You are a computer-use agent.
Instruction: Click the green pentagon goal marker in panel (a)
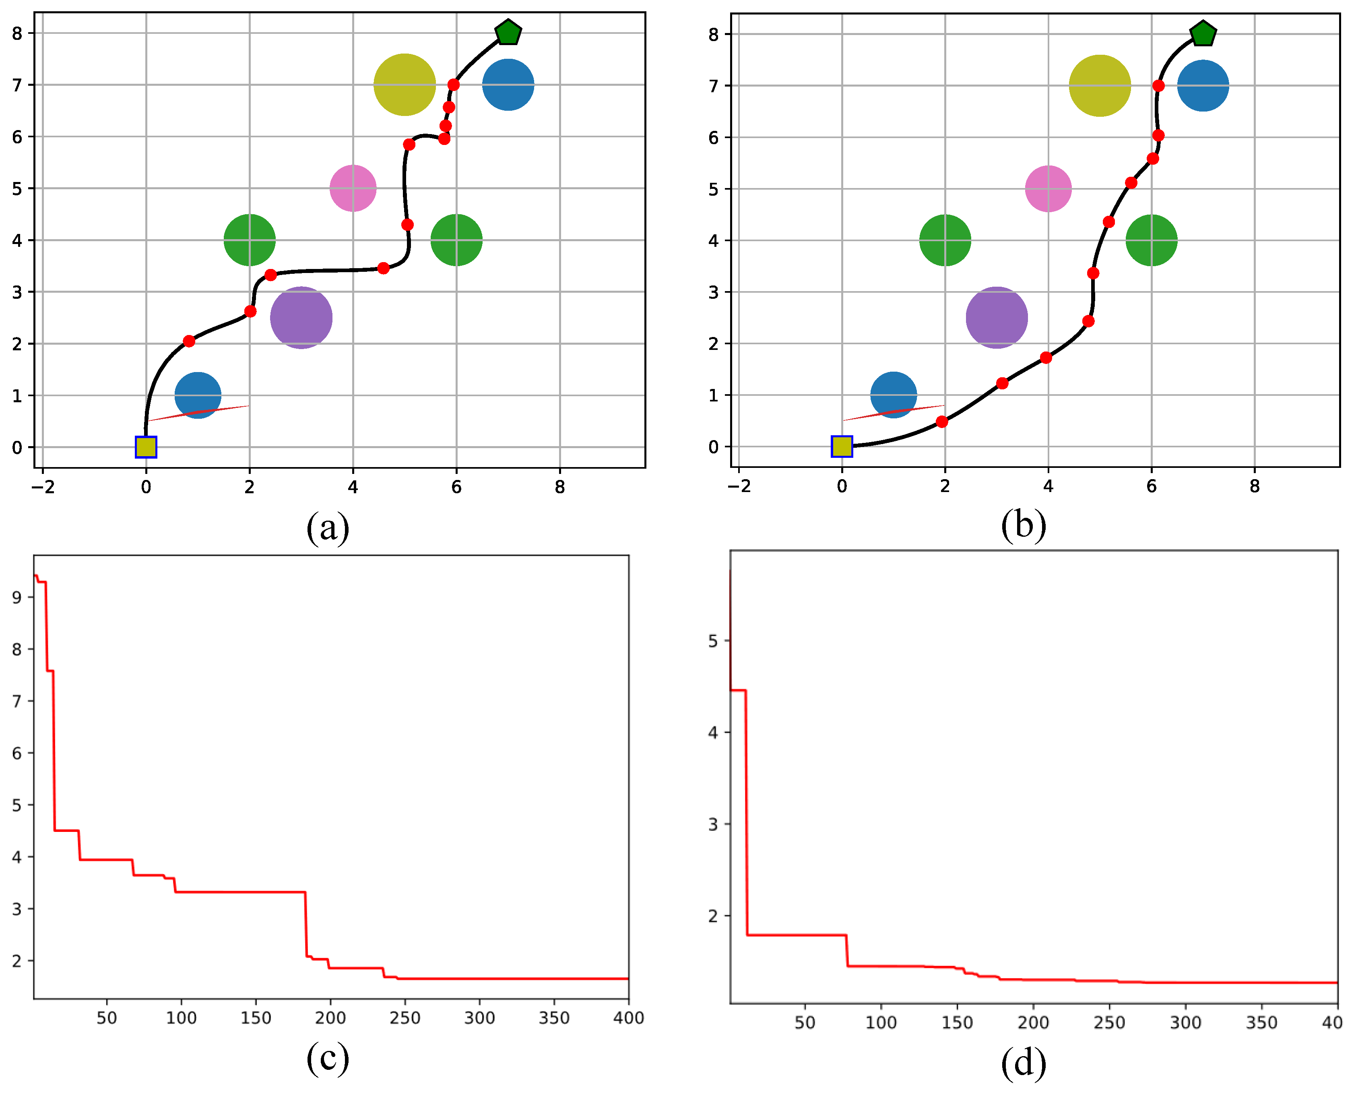tap(508, 32)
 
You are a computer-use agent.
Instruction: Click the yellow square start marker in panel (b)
tap(842, 446)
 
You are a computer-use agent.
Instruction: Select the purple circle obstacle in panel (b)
tap(997, 318)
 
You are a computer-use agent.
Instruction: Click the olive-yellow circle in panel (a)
tap(405, 85)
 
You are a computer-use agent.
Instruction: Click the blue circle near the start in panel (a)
tap(198, 395)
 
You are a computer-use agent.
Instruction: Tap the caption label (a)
tap(328, 527)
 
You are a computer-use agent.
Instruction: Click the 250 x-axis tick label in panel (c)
tap(405, 1018)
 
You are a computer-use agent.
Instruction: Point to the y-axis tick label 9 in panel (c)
tap(17, 598)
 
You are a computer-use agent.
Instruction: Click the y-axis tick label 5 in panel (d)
tap(712, 641)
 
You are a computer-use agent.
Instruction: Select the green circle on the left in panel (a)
tap(250, 240)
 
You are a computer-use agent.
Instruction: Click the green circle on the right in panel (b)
tap(1151, 240)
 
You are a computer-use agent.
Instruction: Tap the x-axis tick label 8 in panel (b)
tap(1254, 486)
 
